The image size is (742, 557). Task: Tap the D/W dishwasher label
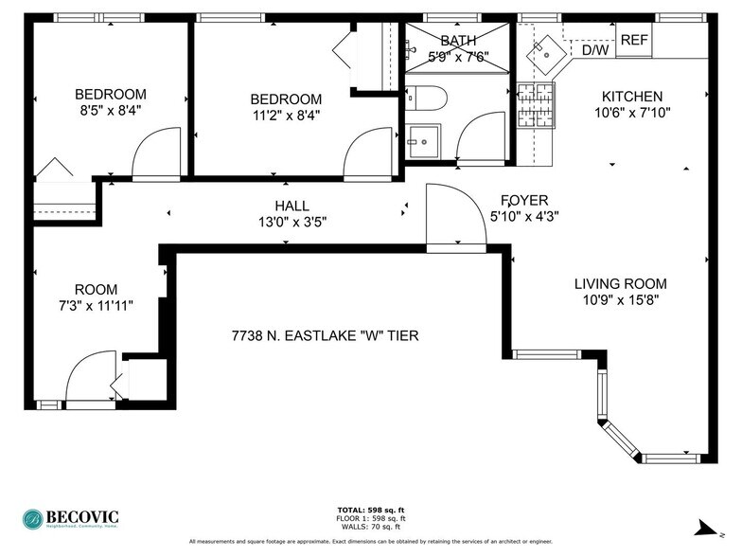tap(594, 50)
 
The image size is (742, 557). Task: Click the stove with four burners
tap(536, 105)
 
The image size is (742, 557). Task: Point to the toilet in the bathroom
tap(426, 98)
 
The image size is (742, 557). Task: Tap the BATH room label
tap(458, 41)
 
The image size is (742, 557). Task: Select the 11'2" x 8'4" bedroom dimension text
tap(286, 117)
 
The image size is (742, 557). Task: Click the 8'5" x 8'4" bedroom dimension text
tap(111, 111)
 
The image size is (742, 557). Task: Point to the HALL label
tap(291, 206)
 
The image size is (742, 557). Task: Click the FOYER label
tap(525, 200)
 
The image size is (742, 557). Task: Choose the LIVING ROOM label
tap(620, 283)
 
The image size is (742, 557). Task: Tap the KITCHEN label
tap(632, 97)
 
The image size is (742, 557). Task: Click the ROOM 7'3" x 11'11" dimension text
tap(97, 306)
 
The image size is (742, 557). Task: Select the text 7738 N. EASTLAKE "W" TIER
tap(326, 335)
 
